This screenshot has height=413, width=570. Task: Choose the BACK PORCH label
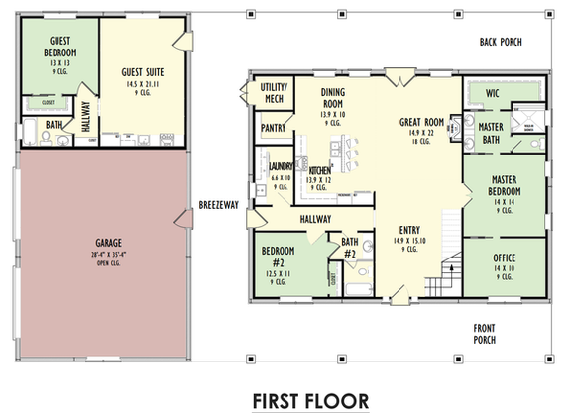click(500, 42)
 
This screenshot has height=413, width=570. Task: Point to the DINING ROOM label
click(332, 101)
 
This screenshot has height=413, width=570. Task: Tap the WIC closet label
click(492, 92)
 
